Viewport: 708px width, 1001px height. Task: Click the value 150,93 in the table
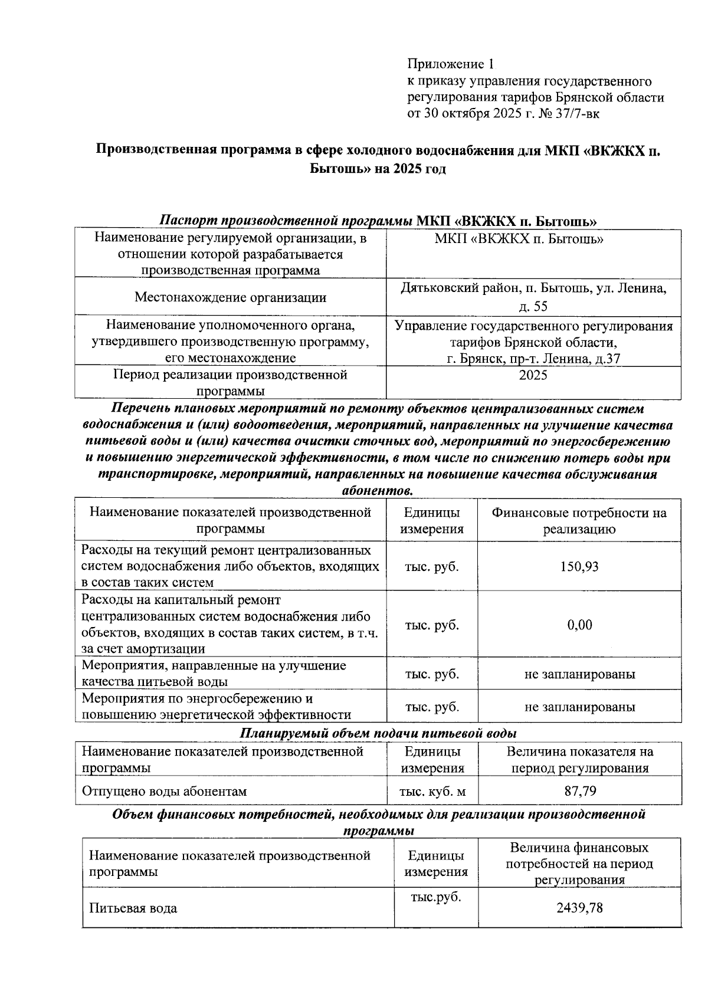pos(579,567)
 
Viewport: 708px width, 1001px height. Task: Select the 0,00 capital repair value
pos(579,625)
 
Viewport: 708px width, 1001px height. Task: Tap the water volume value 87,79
pos(580,792)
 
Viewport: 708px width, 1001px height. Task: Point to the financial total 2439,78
pos(579,908)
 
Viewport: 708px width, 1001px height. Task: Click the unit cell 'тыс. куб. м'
pos(432,792)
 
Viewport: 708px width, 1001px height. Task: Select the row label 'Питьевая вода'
pos(133,908)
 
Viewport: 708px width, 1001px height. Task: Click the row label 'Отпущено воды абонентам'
pos(164,792)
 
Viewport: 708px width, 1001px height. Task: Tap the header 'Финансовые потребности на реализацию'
pos(579,521)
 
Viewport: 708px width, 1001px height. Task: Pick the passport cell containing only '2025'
pos(533,376)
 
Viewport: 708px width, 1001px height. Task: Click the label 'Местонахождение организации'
pos(230,297)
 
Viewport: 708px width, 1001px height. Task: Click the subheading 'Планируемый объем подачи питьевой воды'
pos(378,733)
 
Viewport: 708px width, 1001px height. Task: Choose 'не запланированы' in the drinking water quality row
pos(579,674)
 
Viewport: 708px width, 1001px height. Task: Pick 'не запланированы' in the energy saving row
pos(579,707)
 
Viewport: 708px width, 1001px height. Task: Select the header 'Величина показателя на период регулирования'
pos(579,760)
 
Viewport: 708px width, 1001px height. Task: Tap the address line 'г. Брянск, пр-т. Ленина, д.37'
pos(533,359)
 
